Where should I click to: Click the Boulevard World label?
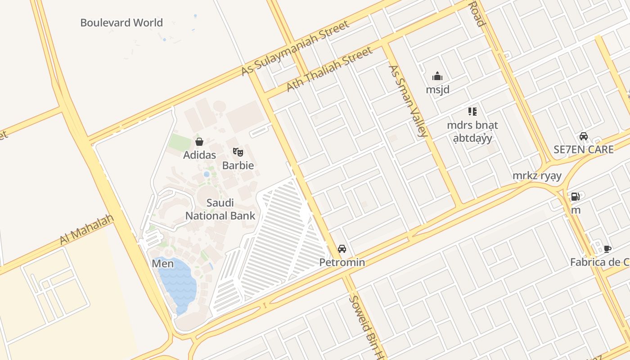point(121,22)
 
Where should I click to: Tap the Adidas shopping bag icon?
point(199,142)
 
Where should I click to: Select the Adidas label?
point(199,155)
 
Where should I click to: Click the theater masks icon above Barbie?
point(238,152)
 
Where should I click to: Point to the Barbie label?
point(238,165)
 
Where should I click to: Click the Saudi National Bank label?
point(220,209)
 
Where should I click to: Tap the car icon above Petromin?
point(342,249)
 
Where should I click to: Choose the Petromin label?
point(342,262)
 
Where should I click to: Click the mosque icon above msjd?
point(437,76)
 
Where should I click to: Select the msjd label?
point(437,90)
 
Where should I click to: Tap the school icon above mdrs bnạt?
point(472,111)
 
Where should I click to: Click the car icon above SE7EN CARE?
point(584,136)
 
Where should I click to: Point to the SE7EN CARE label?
point(584,149)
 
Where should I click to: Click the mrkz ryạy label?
point(537,175)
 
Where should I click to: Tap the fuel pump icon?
point(575,197)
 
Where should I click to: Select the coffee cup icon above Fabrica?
point(607,249)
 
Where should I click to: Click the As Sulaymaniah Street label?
point(295,48)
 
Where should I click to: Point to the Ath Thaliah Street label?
point(330,69)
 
